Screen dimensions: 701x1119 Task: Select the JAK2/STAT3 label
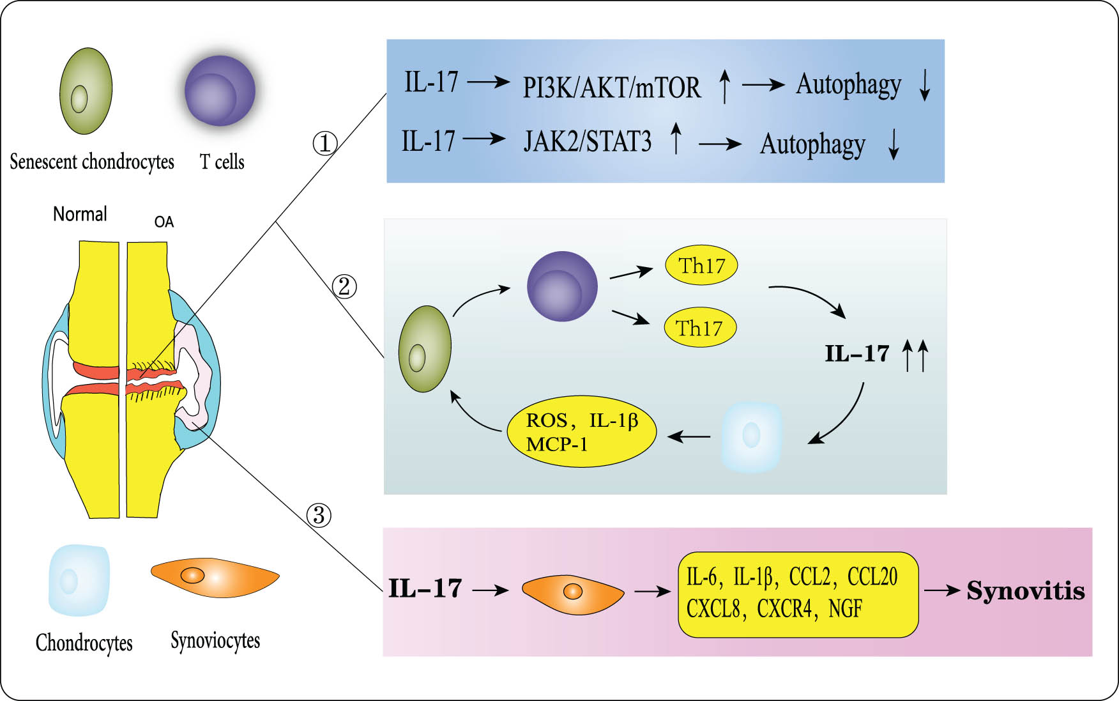click(587, 142)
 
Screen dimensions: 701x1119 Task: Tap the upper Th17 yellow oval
click(701, 265)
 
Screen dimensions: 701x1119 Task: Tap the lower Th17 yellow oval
click(700, 328)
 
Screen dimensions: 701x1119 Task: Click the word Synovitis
click(1025, 591)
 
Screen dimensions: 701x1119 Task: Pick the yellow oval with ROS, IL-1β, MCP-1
click(581, 431)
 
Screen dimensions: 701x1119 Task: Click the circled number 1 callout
click(324, 143)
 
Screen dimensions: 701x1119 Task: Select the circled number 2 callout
click(344, 286)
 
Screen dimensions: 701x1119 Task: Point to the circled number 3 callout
click(319, 515)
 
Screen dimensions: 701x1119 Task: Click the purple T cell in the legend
click(220, 91)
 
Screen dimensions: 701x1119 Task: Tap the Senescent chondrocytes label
click(92, 162)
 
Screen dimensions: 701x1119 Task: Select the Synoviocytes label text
click(215, 640)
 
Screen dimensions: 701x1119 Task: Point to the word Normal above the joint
click(80, 214)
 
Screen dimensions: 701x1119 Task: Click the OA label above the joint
click(164, 222)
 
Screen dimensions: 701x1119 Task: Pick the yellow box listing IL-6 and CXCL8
click(798, 594)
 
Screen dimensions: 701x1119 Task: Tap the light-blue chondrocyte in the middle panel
click(752, 437)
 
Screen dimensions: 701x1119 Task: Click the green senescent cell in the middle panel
click(425, 349)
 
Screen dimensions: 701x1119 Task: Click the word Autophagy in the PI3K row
click(848, 85)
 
